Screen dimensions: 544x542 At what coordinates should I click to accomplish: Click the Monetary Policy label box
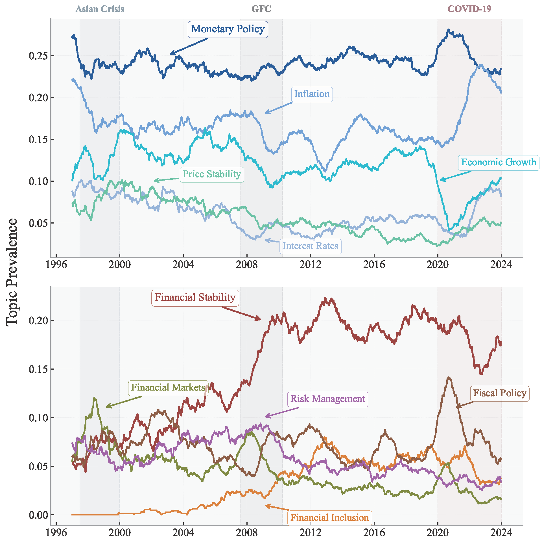click(x=228, y=29)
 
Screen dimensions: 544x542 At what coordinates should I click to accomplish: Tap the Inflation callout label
click(x=312, y=94)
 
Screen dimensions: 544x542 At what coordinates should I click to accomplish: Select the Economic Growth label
click(x=499, y=162)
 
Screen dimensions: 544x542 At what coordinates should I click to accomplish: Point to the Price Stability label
click(x=212, y=174)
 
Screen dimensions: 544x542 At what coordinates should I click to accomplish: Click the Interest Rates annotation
click(x=311, y=246)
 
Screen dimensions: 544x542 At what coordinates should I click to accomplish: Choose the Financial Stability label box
click(x=195, y=298)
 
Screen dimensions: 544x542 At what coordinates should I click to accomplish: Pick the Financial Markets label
click(x=168, y=388)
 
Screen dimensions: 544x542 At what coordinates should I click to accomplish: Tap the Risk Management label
click(x=328, y=399)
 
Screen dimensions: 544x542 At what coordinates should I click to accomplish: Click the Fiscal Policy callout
click(x=500, y=393)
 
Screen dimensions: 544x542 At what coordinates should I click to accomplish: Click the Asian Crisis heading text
click(x=100, y=9)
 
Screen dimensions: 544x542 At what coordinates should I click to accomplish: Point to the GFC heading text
click(x=261, y=9)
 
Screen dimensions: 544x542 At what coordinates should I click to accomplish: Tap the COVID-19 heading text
click(x=470, y=9)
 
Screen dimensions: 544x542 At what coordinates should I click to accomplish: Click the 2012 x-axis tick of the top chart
click(x=310, y=265)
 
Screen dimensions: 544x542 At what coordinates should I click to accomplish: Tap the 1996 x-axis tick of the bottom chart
click(x=56, y=533)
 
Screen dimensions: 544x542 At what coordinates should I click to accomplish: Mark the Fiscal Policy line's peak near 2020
click(x=449, y=378)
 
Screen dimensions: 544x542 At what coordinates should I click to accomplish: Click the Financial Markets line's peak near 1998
click(x=95, y=398)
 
